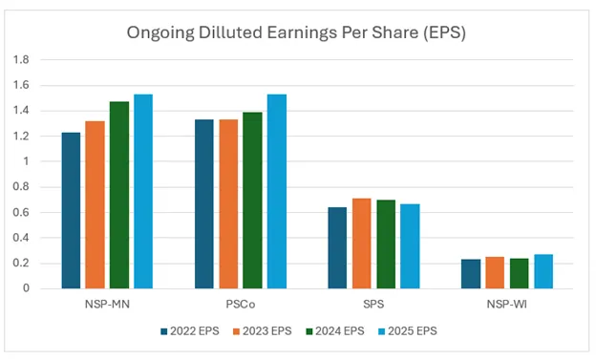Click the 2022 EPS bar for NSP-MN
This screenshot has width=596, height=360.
coord(71,210)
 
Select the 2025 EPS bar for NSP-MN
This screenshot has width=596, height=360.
coord(143,191)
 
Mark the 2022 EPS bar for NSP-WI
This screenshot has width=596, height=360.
coord(471,273)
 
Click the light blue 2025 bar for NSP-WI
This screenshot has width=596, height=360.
coord(543,271)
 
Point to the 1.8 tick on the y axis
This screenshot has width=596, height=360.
coord(26,59)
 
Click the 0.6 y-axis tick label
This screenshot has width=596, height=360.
coord(26,212)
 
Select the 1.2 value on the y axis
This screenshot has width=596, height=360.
coord(26,136)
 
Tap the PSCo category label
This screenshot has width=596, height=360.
coord(240,304)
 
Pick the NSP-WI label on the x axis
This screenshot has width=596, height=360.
coord(507,304)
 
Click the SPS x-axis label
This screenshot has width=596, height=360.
coord(373,304)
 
